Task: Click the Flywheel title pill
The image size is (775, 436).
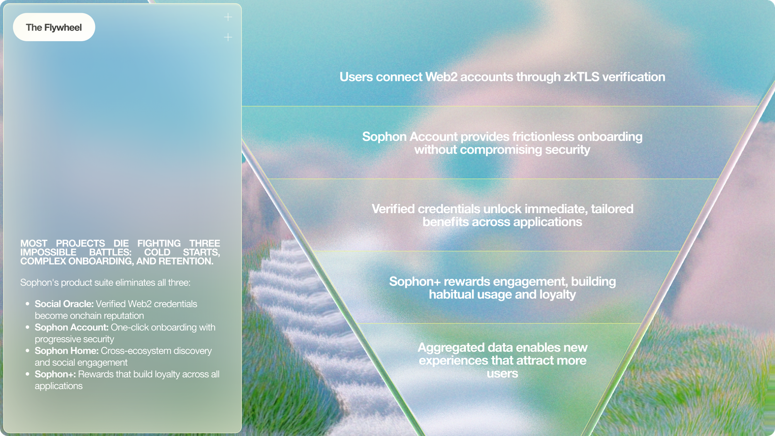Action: pyautogui.click(x=54, y=27)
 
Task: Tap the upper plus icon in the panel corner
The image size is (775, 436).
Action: pyautogui.click(x=228, y=17)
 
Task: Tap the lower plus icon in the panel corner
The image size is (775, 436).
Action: pyautogui.click(x=228, y=37)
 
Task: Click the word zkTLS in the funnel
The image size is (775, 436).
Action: pyautogui.click(x=581, y=77)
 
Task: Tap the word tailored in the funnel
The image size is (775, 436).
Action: pyautogui.click(x=612, y=209)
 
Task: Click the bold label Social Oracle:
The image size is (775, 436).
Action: pyautogui.click(x=64, y=304)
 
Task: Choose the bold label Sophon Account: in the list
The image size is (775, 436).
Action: pyautogui.click(x=72, y=327)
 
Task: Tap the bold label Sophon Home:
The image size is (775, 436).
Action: pyautogui.click(x=67, y=351)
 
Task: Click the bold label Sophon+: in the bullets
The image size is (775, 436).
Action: pyautogui.click(x=55, y=374)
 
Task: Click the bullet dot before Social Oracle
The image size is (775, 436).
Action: pyautogui.click(x=27, y=304)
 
